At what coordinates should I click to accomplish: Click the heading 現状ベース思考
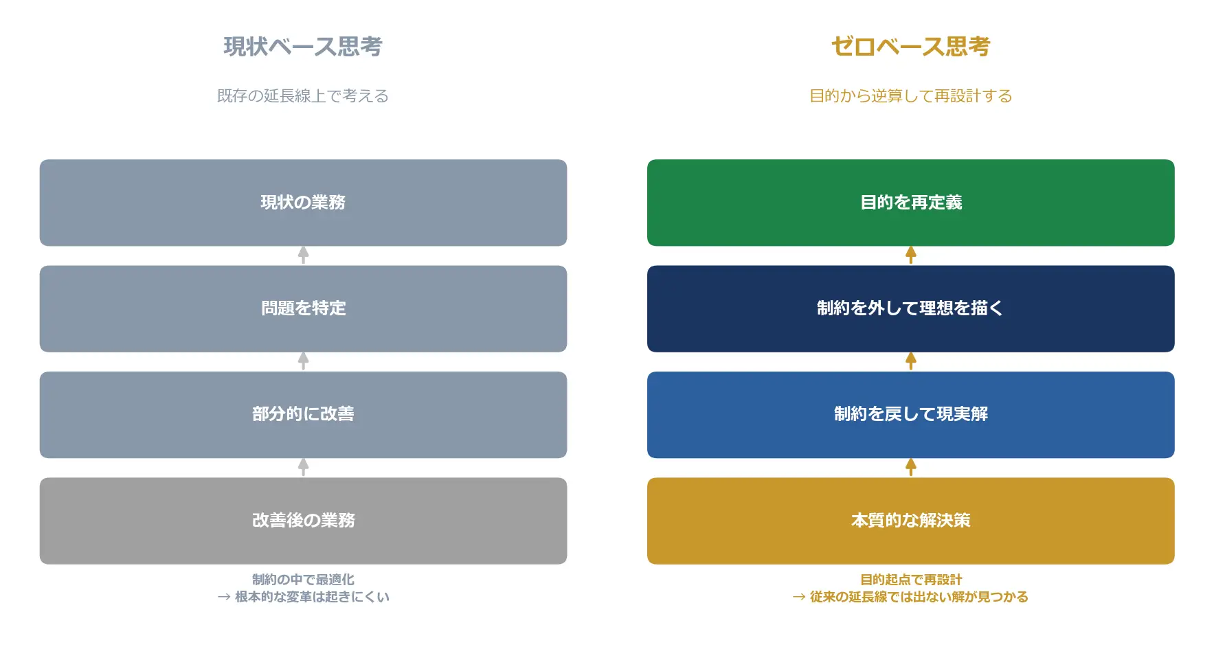[303, 47]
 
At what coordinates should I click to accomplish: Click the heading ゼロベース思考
[910, 47]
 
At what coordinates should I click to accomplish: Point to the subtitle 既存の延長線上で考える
[303, 96]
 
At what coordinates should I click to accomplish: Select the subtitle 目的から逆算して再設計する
[910, 96]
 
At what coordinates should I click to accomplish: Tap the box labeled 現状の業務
[303, 203]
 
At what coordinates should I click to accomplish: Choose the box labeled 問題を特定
[303, 309]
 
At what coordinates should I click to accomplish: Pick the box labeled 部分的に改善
[303, 415]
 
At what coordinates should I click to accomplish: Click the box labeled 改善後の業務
[303, 521]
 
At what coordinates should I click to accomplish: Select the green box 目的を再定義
[910, 203]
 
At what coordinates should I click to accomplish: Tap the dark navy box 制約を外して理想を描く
[910, 309]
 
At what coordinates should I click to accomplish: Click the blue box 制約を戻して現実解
[910, 415]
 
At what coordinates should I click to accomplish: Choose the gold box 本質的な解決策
[910, 521]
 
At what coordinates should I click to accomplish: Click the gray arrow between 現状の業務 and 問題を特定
[303, 256]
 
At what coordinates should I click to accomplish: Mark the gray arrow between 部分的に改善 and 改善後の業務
[303, 468]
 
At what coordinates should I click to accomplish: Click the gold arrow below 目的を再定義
[910, 256]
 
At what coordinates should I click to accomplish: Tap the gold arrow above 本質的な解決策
[910, 468]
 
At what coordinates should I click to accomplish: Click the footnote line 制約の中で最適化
[303, 580]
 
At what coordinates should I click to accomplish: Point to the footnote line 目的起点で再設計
[910, 580]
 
